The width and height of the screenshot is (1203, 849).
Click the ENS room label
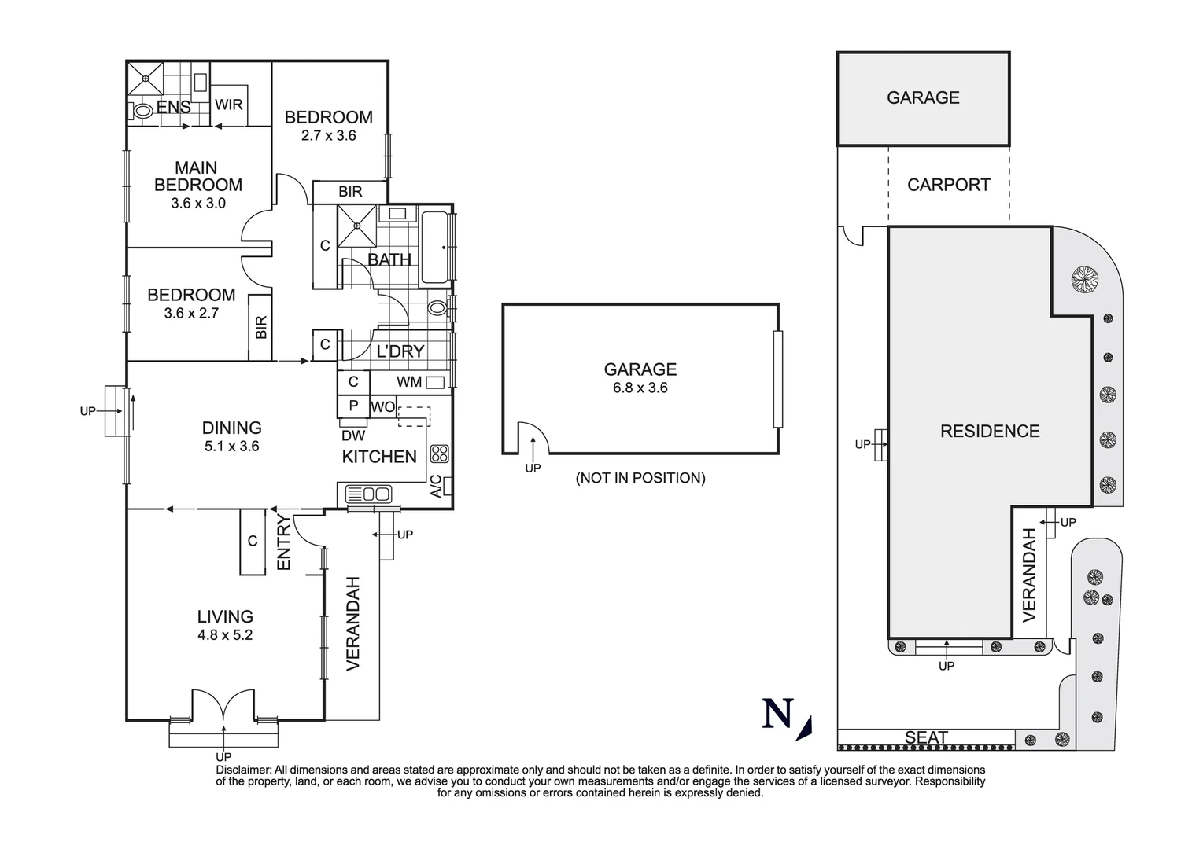173,107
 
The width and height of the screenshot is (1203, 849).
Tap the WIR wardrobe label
229,105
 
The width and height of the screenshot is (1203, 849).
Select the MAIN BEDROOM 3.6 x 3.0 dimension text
198,203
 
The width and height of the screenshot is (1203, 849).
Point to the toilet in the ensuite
143,112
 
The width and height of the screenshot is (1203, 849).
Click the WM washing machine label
409,382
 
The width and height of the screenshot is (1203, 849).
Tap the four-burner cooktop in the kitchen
440,454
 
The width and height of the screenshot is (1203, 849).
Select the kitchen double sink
369,494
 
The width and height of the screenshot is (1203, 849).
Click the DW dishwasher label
353,436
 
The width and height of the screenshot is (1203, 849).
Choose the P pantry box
353,406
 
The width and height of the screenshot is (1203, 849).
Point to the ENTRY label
284,542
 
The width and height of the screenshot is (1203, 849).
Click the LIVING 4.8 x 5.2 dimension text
225,635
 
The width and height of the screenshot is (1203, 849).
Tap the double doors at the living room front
224,704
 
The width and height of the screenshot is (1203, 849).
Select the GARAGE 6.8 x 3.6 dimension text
640,388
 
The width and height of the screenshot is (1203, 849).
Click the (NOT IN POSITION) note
640,478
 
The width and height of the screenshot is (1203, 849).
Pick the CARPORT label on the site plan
948,185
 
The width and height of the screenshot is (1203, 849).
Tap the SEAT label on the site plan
926,737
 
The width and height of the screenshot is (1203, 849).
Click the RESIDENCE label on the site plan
990,431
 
